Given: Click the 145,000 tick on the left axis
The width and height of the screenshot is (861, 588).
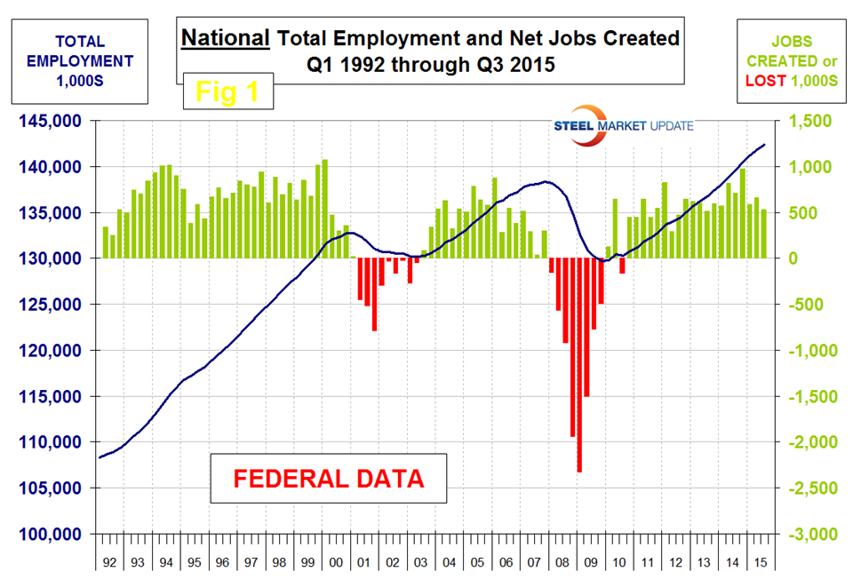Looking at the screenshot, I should point(52,121).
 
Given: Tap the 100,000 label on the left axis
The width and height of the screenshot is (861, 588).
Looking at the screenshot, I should point(52,534).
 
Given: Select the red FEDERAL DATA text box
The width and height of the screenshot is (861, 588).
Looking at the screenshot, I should point(328,479).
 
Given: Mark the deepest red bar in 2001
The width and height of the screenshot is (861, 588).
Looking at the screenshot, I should point(374,294).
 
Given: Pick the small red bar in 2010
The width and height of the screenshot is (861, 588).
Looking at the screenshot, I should point(622,266).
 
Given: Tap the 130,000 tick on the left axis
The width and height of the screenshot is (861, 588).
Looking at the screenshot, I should point(52,258).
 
